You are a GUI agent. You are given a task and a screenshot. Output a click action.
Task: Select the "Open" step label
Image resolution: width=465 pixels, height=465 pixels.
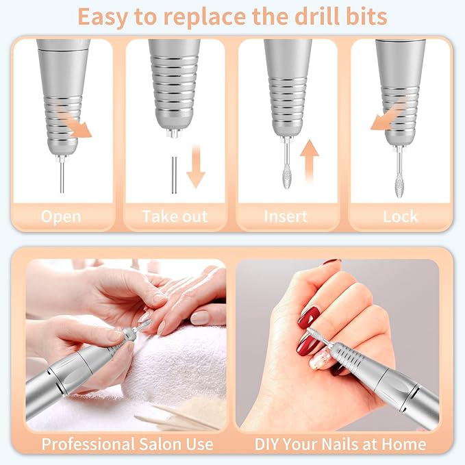(x=61, y=216)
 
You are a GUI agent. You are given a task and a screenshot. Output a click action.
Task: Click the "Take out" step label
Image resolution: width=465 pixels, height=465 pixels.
(x=175, y=216)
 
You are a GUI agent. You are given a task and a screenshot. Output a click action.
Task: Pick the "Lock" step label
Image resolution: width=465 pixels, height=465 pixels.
(x=401, y=216)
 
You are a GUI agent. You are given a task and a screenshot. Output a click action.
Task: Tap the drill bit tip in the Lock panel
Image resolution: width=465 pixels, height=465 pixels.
(x=399, y=168)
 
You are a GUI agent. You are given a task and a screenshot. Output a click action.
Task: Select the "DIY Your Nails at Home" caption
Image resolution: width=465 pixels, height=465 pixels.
(x=340, y=444)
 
